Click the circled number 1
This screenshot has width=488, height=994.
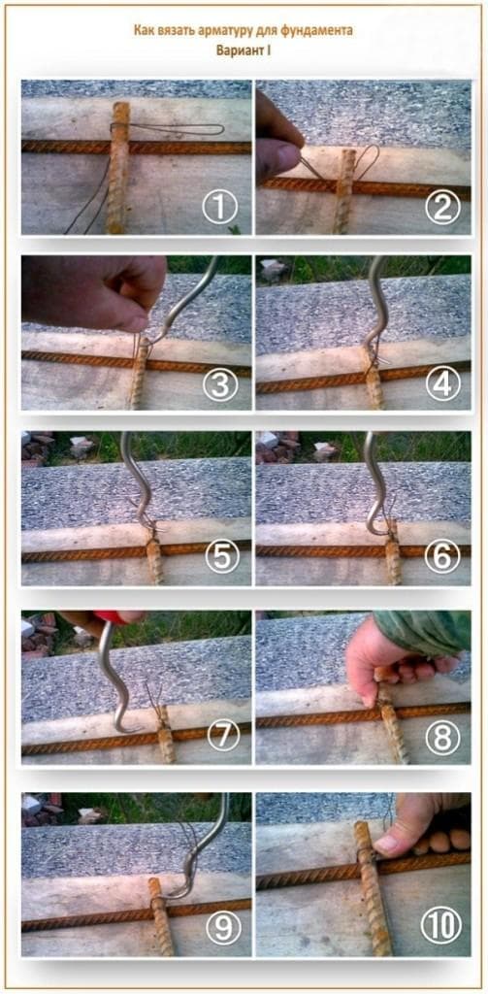coord(219,209)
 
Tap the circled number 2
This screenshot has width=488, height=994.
coord(441,209)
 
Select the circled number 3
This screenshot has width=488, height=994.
coord(219,384)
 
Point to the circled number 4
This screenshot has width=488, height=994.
coord(441,384)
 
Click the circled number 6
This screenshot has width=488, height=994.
coord(441,558)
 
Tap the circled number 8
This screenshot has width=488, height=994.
coord(441,738)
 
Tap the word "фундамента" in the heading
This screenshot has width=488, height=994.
coord(320,30)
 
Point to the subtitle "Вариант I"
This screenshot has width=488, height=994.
coord(244,50)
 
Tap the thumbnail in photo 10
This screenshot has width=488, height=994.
coord(386,844)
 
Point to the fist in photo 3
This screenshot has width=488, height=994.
coord(94,291)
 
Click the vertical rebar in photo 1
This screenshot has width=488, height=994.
coord(118,167)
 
